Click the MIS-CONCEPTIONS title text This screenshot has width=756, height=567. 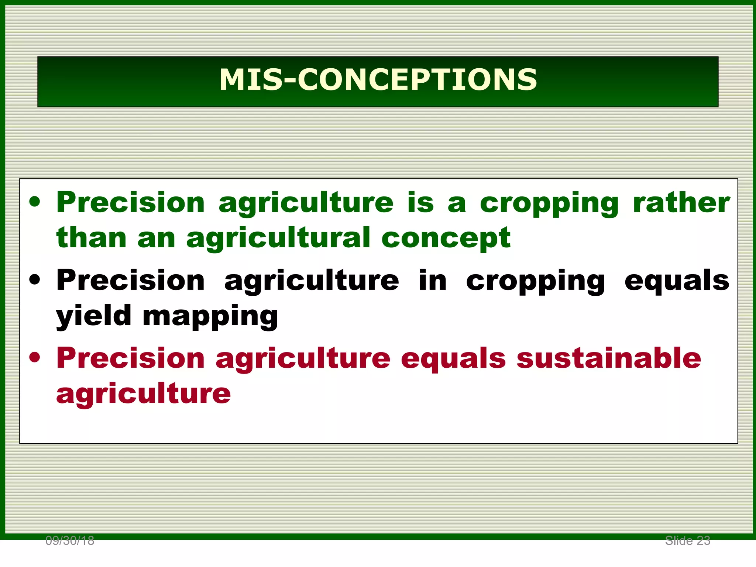(378, 80)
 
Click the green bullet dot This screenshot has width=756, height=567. (35, 202)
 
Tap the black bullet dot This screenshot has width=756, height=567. (35, 280)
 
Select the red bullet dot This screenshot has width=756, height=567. (35, 358)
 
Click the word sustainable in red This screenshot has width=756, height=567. (609, 358)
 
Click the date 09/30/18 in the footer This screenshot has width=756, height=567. (70, 541)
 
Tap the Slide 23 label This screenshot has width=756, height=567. (687, 541)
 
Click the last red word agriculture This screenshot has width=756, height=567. (143, 394)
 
